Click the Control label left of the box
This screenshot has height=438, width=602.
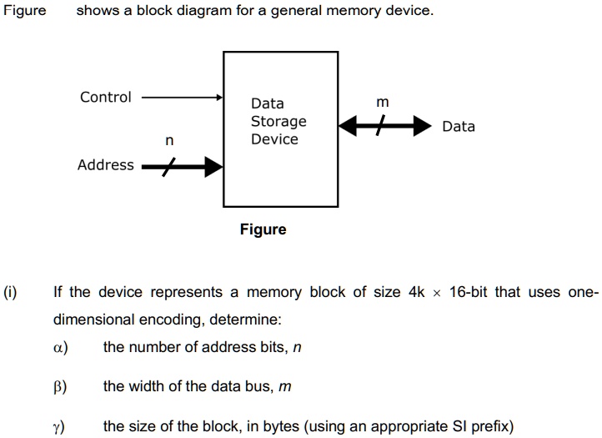[105, 98]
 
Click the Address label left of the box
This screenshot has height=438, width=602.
[105, 165]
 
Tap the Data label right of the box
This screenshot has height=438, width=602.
[459, 127]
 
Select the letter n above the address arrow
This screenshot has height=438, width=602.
[169, 142]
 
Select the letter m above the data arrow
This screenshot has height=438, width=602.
[382, 102]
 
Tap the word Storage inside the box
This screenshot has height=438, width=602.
[278, 122]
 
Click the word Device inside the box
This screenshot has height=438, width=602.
[274, 139]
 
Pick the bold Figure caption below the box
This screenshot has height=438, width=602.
[263, 229]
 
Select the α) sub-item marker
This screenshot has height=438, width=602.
[60, 347]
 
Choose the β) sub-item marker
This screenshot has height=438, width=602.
[60, 386]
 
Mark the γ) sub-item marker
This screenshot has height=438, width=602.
[60, 426]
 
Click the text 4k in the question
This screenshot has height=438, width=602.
[417, 292]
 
